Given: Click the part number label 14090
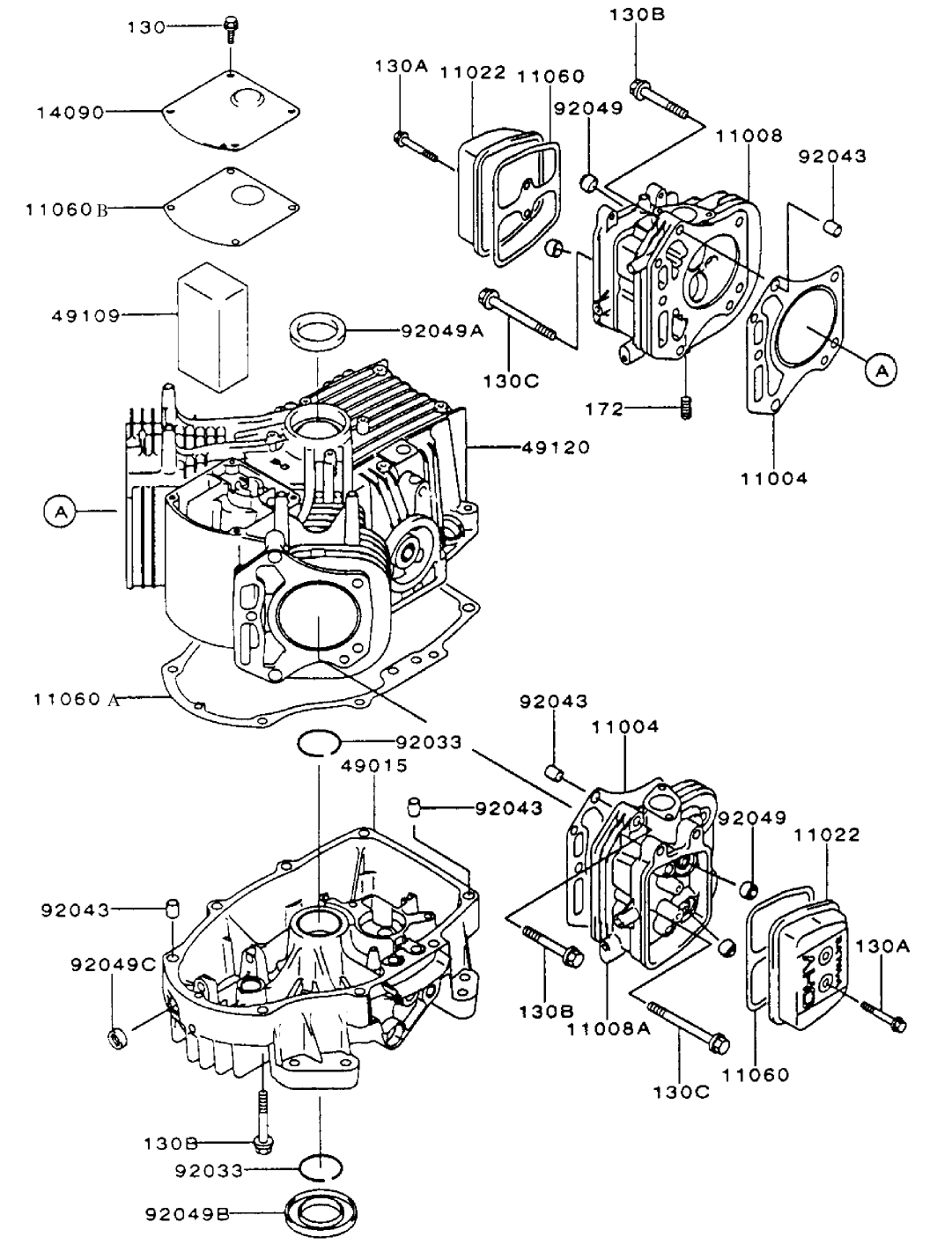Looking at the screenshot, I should tap(70, 113).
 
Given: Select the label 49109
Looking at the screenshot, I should tap(70, 314).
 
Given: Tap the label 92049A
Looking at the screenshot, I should tap(442, 331).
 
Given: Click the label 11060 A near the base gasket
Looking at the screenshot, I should tap(76, 699).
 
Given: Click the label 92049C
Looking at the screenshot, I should tap(113, 964).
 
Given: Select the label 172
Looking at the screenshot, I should tap(605, 409).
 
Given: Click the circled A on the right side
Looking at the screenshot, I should tap(880, 371).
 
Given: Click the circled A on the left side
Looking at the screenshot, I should tap(60, 510).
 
